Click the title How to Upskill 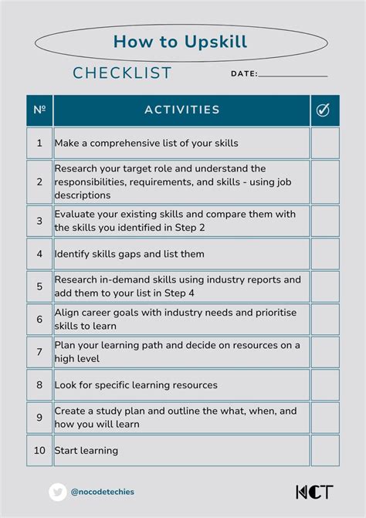click(x=180, y=41)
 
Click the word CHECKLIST click(x=122, y=73)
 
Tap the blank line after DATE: click(x=293, y=75)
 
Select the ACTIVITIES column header click(x=181, y=110)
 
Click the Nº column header click(x=39, y=110)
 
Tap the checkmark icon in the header click(x=324, y=110)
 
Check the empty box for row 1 click(x=324, y=143)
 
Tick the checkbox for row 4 click(x=324, y=253)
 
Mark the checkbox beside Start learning click(x=324, y=450)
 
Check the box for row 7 click(x=324, y=351)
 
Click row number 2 click(x=39, y=182)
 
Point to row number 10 click(x=39, y=450)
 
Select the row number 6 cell click(x=39, y=319)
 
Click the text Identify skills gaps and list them click(x=129, y=253)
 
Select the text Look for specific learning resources click(x=136, y=384)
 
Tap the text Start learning click(x=86, y=450)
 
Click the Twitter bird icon click(x=58, y=492)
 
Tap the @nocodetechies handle click(x=102, y=492)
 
